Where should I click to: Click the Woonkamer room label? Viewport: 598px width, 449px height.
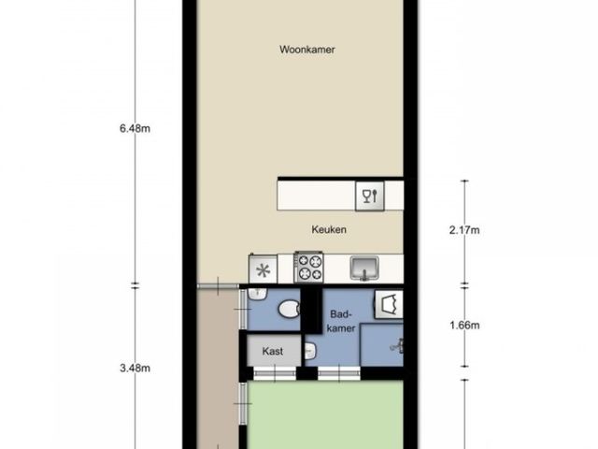pos(307,50)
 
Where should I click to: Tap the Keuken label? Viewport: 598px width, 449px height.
pos(329,229)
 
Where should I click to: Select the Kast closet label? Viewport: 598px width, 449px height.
pos(272,351)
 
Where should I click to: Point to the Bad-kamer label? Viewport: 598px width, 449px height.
pos(340,321)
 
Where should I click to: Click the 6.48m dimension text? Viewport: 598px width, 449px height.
pos(135,129)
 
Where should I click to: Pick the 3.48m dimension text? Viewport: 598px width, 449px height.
pos(135,368)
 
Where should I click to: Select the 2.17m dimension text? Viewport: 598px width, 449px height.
pos(464,230)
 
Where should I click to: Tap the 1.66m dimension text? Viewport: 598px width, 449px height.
pos(464,326)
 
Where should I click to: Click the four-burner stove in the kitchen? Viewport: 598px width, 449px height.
pos(308,267)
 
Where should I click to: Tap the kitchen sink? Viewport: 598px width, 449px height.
pos(364,268)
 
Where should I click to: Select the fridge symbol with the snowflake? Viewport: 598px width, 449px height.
pos(263,269)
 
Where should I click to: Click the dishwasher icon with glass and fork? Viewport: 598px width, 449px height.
pos(370,196)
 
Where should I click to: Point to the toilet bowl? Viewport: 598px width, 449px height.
pos(289,309)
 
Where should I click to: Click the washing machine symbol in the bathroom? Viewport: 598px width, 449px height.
pos(389,304)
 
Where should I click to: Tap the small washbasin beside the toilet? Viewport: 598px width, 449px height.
pos(258,294)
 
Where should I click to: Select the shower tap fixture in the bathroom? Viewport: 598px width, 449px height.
pos(396,345)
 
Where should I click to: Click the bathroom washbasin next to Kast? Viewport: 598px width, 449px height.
pos(310,351)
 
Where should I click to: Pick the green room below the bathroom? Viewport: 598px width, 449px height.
pos(325,414)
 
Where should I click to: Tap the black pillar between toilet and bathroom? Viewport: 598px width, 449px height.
pos(311,310)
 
